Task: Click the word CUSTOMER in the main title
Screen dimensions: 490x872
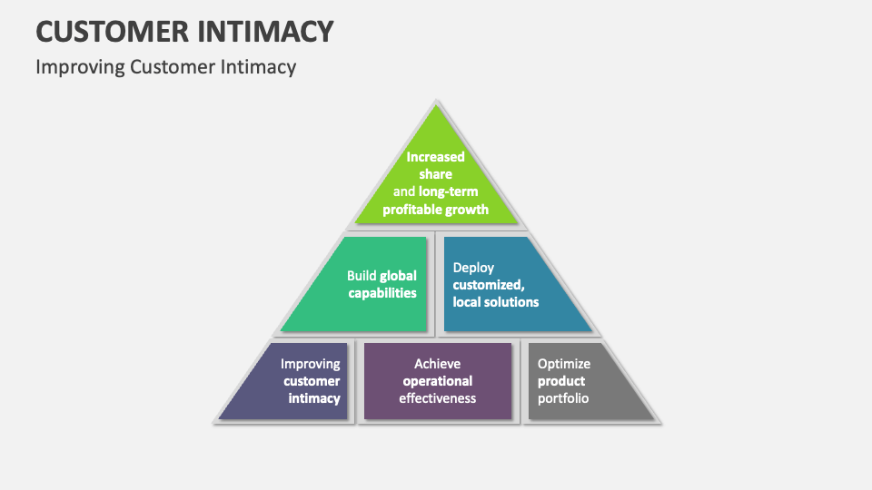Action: point(113,31)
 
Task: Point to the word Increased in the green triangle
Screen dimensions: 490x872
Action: point(435,157)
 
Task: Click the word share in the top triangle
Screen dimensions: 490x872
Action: point(435,174)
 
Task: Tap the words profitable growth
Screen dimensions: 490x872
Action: point(435,210)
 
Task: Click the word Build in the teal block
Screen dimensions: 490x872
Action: point(362,276)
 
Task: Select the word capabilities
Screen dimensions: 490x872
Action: point(382,293)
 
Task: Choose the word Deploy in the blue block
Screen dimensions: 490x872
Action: point(473,268)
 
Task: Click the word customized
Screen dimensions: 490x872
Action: point(489,285)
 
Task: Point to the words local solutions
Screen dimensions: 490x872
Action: point(496,302)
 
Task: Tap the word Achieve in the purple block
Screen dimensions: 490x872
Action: point(437,364)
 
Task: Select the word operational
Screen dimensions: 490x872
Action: point(438,381)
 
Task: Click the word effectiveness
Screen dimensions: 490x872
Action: point(438,398)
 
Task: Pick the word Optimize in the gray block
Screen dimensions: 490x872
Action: point(563,364)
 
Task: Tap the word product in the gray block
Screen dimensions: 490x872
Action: point(561,381)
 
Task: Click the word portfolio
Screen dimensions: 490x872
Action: point(563,398)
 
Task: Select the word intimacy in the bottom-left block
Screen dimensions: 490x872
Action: point(314,398)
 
